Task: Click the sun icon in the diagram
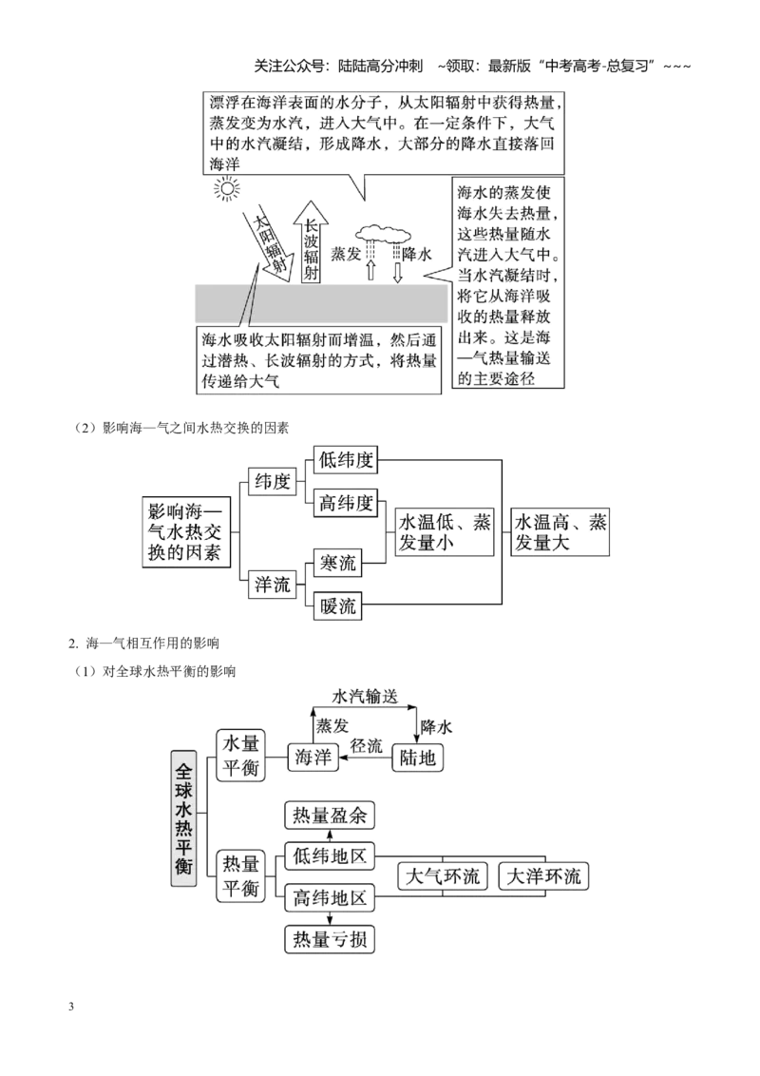click(x=226, y=188)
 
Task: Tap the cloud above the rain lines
click(x=380, y=233)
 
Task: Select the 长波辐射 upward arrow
click(x=311, y=242)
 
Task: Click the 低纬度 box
click(x=345, y=460)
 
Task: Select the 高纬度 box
click(x=345, y=503)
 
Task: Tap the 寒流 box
click(x=337, y=564)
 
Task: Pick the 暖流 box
click(x=337, y=605)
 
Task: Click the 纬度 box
click(x=272, y=482)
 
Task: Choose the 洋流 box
click(x=272, y=585)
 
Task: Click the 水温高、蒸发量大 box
click(x=560, y=532)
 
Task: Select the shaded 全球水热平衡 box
click(x=183, y=817)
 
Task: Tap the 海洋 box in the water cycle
click(x=313, y=758)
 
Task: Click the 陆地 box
click(x=418, y=758)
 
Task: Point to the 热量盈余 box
click(x=330, y=816)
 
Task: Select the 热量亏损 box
click(x=330, y=939)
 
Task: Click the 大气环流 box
click(x=443, y=876)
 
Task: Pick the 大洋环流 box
click(x=543, y=876)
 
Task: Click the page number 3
click(x=71, y=1008)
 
